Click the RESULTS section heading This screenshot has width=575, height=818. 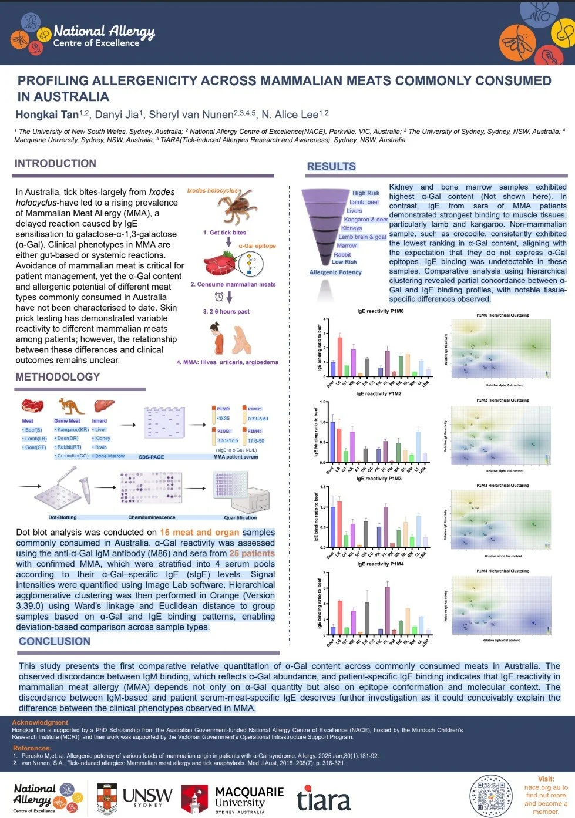tap(331, 166)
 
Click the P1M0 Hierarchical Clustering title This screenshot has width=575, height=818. tap(502, 315)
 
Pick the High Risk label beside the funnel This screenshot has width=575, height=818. tap(365, 193)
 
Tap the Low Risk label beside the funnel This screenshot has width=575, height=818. tap(344, 262)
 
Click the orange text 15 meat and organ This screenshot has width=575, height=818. tap(200, 532)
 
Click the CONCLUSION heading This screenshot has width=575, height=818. tap(54, 641)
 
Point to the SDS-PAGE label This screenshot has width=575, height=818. tap(151, 457)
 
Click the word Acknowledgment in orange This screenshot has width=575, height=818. tap(40, 722)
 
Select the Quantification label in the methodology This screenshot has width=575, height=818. tap(240, 517)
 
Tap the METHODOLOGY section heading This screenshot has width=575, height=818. tap(58, 376)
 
